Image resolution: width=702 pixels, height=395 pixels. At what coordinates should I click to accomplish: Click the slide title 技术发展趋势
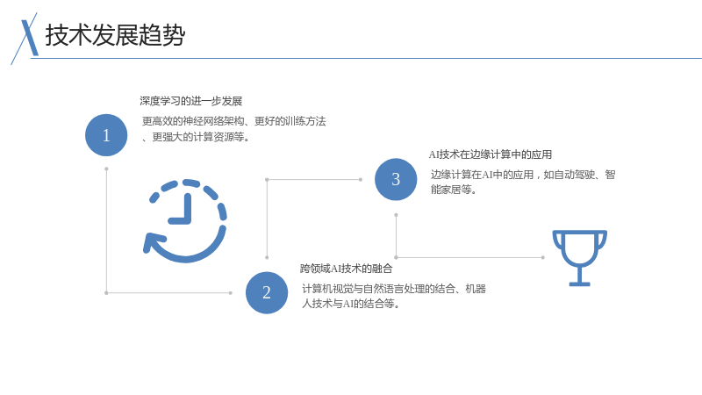click(x=115, y=35)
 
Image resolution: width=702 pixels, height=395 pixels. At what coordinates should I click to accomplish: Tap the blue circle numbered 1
click(x=106, y=135)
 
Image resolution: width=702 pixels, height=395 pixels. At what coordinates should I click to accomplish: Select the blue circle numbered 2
click(x=267, y=292)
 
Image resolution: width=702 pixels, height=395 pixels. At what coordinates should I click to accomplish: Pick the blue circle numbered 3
click(x=396, y=179)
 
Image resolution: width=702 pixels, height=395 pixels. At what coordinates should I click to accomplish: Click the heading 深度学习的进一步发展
click(x=190, y=101)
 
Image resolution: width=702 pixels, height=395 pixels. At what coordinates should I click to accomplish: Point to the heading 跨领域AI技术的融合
click(x=346, y=269)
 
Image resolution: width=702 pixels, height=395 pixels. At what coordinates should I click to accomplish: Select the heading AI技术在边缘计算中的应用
click(x=491, y=154)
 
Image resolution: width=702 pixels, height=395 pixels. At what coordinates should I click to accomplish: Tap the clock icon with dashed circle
click(x=185, y=221)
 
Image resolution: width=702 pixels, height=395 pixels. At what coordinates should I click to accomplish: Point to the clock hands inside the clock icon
click(x=183, y=210)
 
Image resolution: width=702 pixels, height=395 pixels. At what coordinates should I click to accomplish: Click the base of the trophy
click(x=580, y=284)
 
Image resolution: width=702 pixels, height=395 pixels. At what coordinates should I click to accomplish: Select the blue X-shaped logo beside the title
click(x=25, y=39)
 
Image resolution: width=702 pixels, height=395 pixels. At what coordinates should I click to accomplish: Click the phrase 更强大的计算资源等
click(x=198, y=137)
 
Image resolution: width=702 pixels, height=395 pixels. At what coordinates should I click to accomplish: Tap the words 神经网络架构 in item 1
click(x=213, y=121)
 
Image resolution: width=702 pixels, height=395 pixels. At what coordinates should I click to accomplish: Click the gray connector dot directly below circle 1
click(x=106, y=169)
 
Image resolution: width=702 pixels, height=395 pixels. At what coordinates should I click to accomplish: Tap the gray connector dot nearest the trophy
click(x=542, y=257)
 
